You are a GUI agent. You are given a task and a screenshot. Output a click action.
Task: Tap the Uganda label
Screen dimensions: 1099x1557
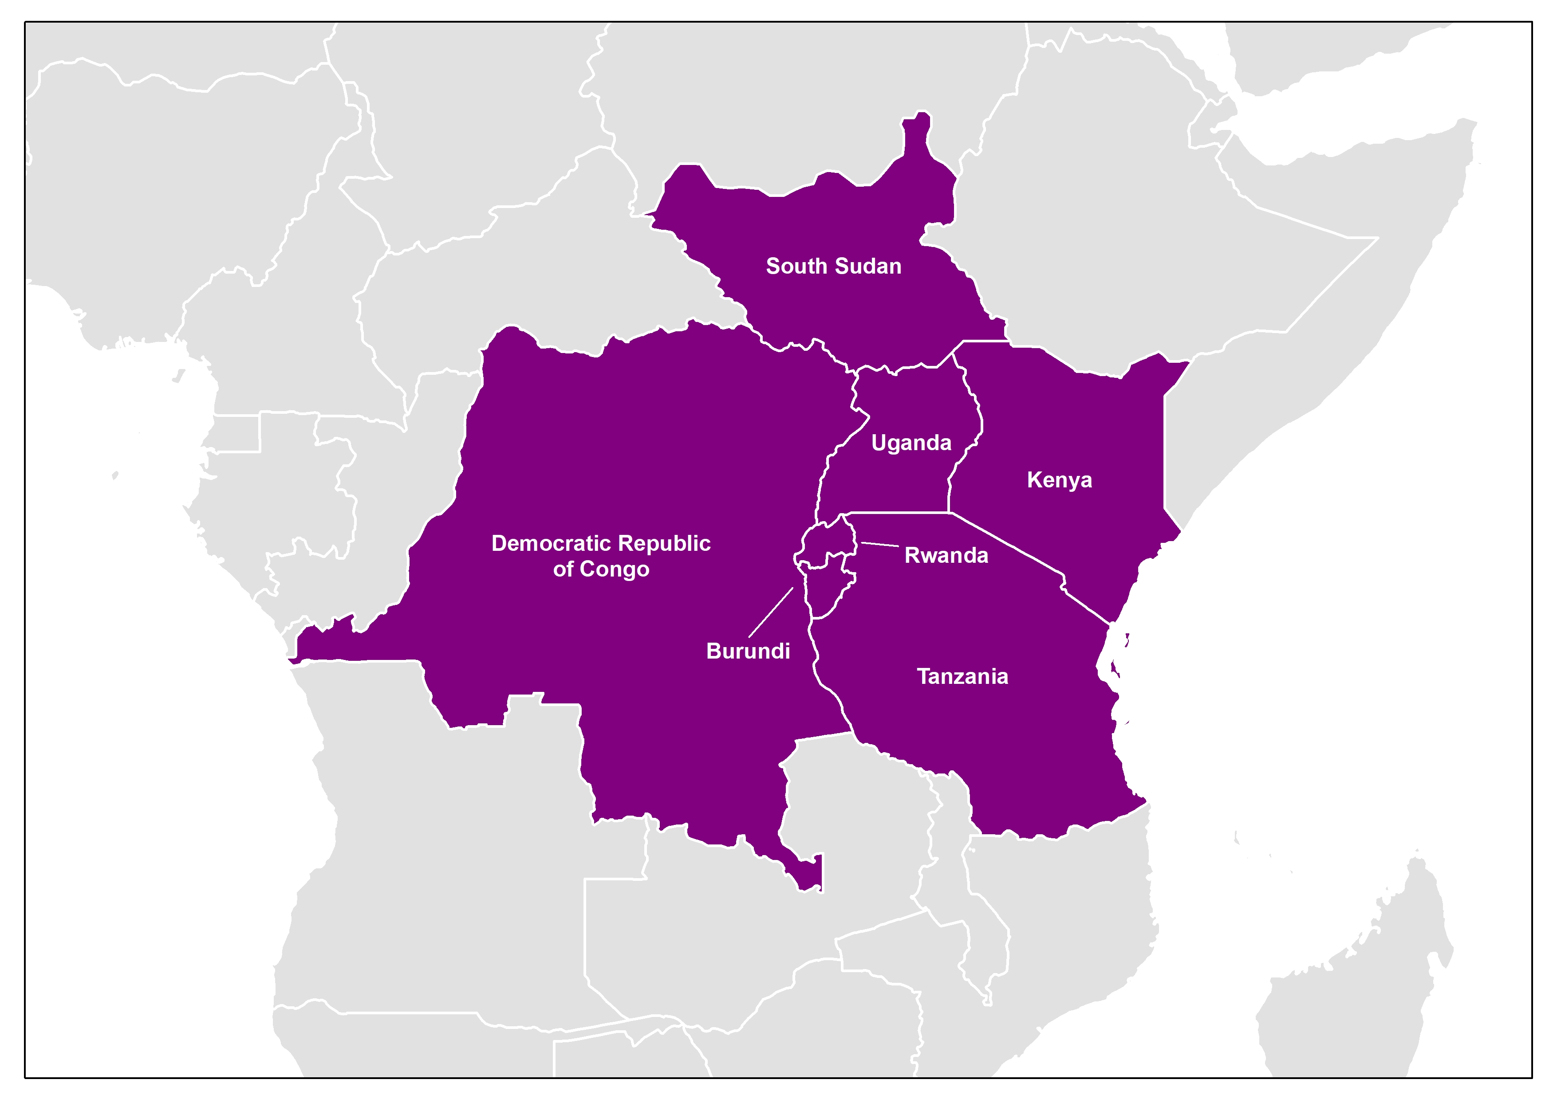(x=911, y=443)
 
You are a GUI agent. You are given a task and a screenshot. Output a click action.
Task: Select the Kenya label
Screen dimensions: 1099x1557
(x=1059, y=480)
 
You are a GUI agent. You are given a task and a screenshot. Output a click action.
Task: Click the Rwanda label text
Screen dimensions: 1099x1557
(x=946, y=555)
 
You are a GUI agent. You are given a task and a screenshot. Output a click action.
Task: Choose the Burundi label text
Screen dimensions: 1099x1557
(x=748, y=651)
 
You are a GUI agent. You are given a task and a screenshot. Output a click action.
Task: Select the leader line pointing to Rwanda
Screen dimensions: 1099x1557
(x=879, y=545)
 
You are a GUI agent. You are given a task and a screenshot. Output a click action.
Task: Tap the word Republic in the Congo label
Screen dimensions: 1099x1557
(x=664, y=543)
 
